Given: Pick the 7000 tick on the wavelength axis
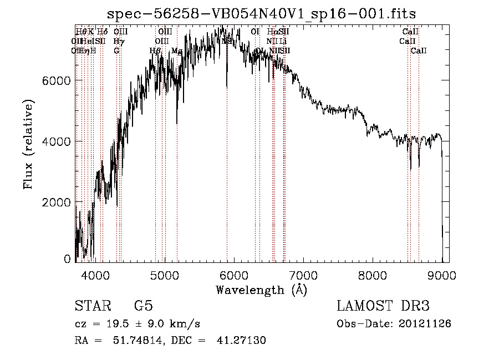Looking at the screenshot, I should click(303, 275).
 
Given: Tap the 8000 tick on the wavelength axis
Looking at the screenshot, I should click(373, 275).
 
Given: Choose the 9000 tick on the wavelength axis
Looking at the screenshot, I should click(442, 275).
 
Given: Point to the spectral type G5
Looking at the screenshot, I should click(143, 306).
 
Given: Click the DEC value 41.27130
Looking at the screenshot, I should click(241, 341).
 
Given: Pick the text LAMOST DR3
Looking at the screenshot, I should click(383, 306).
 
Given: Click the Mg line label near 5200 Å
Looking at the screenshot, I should click(177, 51).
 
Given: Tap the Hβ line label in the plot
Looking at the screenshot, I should click(155, 51).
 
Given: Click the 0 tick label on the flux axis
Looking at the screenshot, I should click(67, 258).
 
